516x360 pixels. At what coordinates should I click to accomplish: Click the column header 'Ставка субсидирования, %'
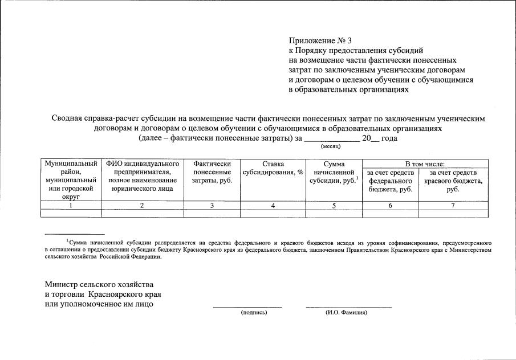[273, 172]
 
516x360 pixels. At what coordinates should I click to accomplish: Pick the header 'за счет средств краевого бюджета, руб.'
[453, 181]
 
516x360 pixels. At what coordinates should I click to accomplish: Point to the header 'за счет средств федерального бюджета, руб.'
[390, 181]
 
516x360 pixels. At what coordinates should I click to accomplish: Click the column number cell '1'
[71, 206]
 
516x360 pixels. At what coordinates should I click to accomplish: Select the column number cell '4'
[273, 206]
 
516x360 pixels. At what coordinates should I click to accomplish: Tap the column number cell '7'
[453, 206]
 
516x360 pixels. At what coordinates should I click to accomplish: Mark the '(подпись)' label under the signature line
[254, 313]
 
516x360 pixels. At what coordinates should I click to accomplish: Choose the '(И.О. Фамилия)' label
[346, 313]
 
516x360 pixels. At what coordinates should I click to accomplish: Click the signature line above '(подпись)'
[247, 308]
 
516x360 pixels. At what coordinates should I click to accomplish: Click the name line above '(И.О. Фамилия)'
[348, 308]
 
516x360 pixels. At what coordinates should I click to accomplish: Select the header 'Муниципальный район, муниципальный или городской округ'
[71, 180]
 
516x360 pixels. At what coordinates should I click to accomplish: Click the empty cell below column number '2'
[142, 214]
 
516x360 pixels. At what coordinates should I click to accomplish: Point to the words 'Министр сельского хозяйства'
[99, 284]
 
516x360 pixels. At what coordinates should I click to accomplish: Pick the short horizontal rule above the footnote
[75, 234]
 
